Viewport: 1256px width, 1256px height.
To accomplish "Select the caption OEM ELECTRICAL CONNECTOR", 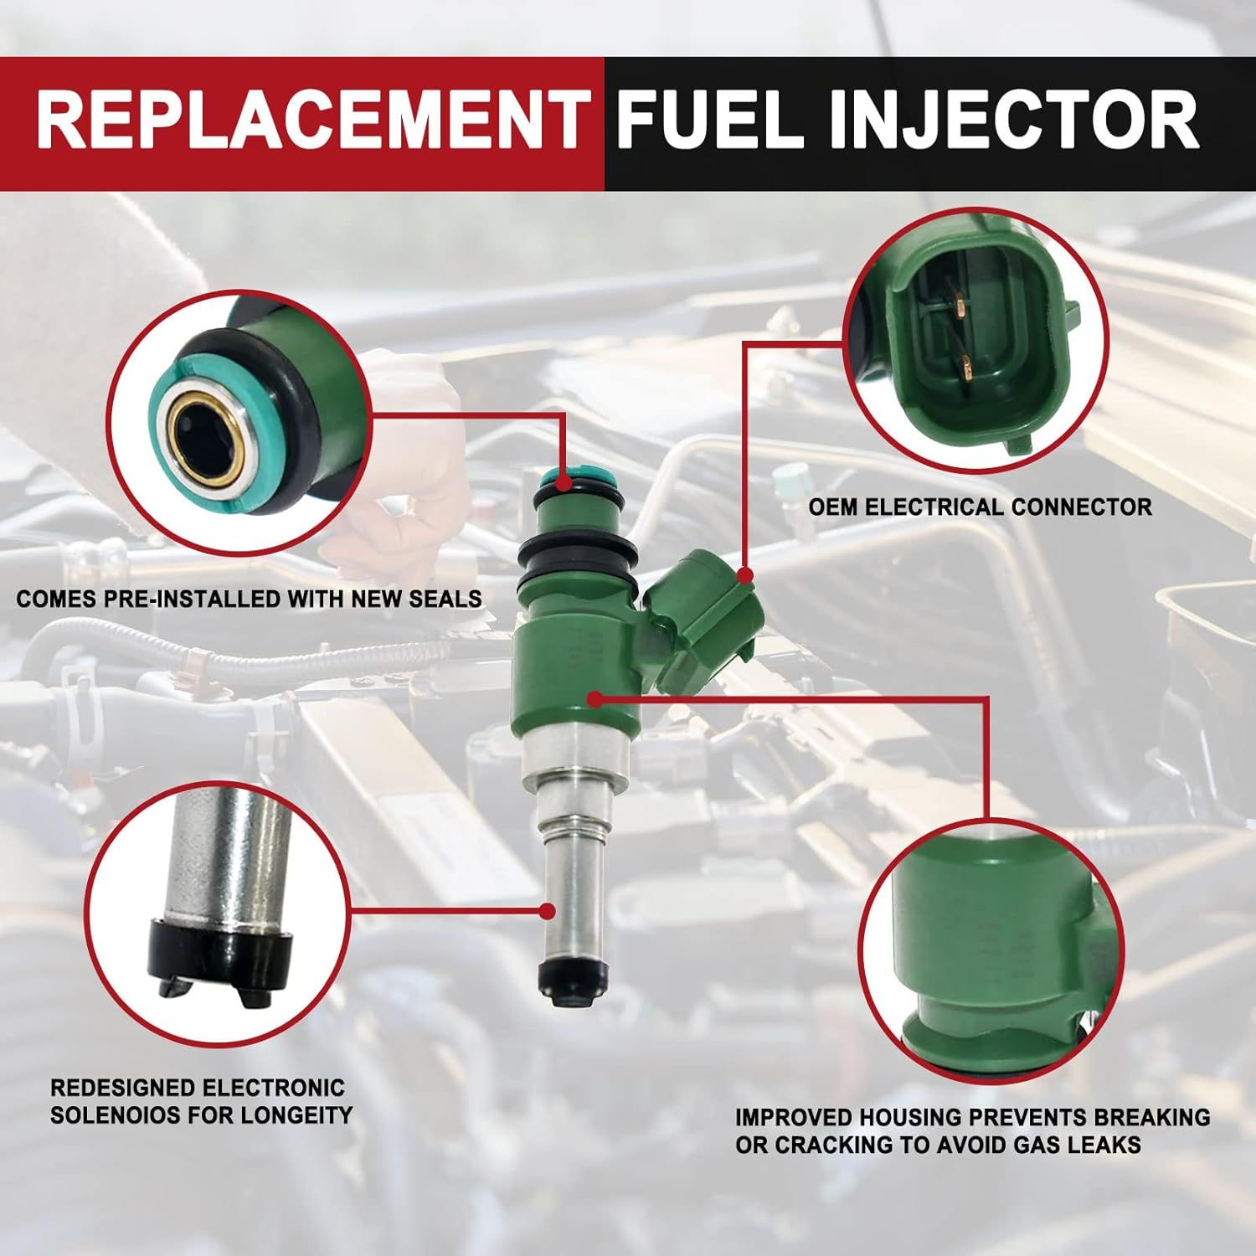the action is (x=980, y=507).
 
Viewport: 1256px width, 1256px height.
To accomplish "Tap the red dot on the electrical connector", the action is (x=745, y=574).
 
